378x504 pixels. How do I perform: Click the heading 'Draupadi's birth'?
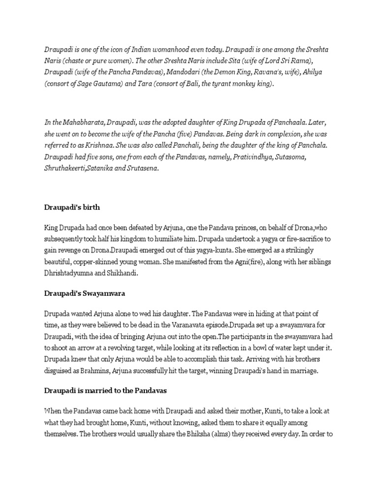click(x=72, y=207)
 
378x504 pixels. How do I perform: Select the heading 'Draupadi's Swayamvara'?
click(x=85, y=293)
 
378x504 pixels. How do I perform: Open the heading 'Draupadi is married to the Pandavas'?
click(x=106, y=391)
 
